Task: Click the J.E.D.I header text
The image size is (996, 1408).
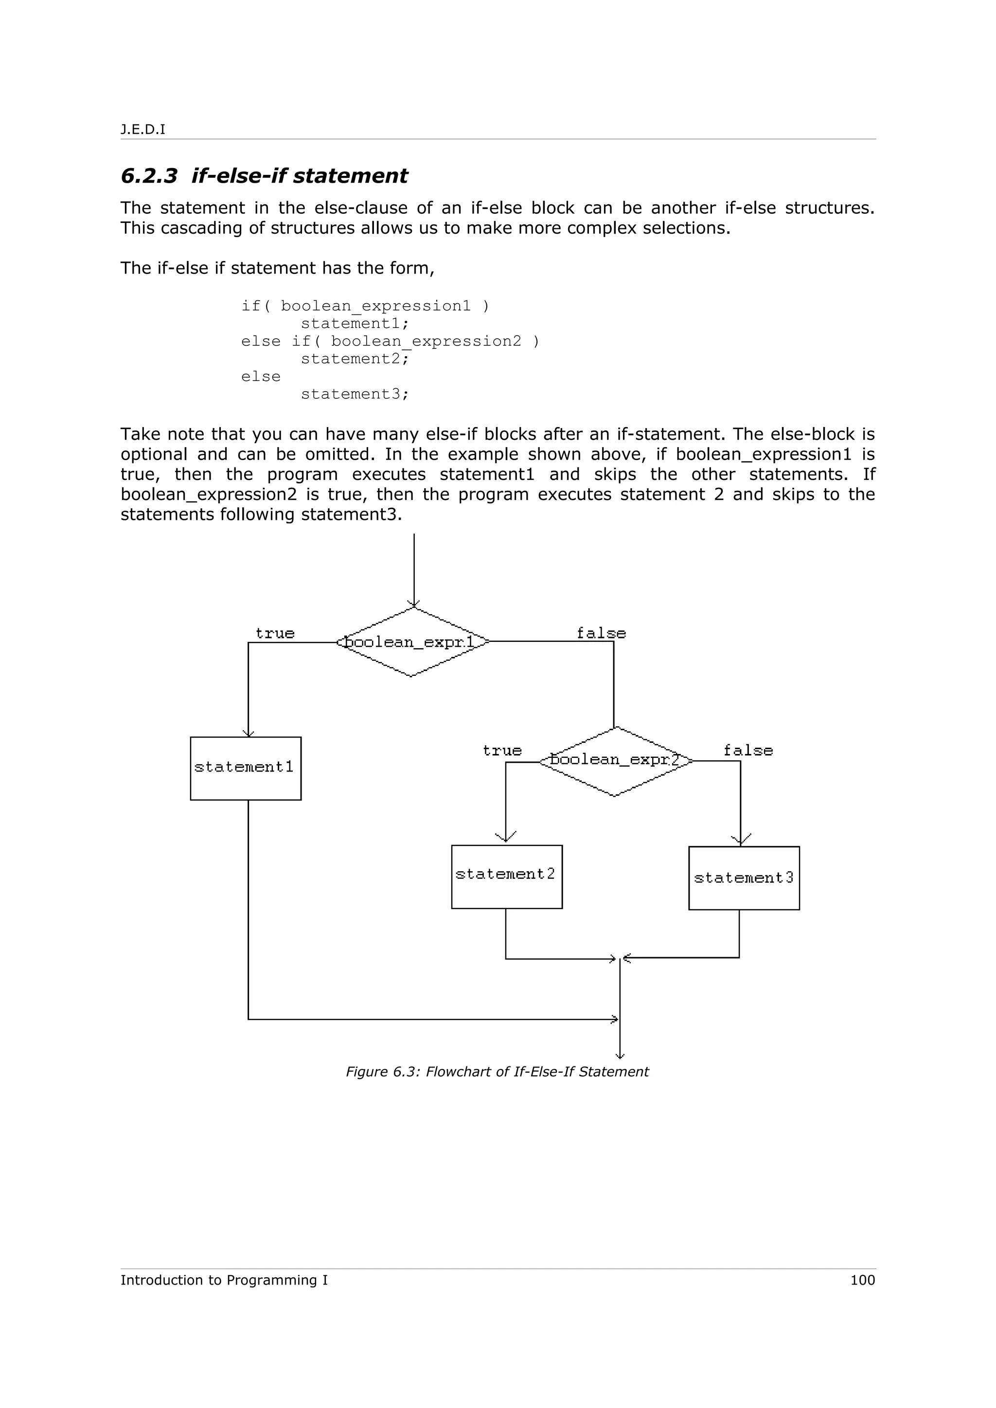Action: pos(142,129)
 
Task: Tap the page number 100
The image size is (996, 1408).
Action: pos(862,1280)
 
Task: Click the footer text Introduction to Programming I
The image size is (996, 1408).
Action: pos(224,1280)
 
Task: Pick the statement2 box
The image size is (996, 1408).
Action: pos(506,876)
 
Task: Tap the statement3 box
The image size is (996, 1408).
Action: pos(744,878)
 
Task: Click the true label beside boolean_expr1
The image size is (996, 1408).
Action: pos(275,633)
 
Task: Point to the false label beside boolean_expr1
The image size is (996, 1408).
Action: pos(601,633)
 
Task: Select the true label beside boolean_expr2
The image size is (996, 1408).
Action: pos(502,750)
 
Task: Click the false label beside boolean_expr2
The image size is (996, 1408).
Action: pos(747,750)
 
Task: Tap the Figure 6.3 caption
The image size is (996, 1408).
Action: pos(497,1071)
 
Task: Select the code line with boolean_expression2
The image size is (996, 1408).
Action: pos(391,341)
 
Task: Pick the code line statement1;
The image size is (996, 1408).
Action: pos(354,323)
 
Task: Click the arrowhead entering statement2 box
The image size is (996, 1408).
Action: pos(506,838)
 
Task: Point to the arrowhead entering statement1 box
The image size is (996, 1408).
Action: pos(248,733)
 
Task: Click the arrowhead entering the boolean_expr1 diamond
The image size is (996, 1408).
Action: pos(414,603)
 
